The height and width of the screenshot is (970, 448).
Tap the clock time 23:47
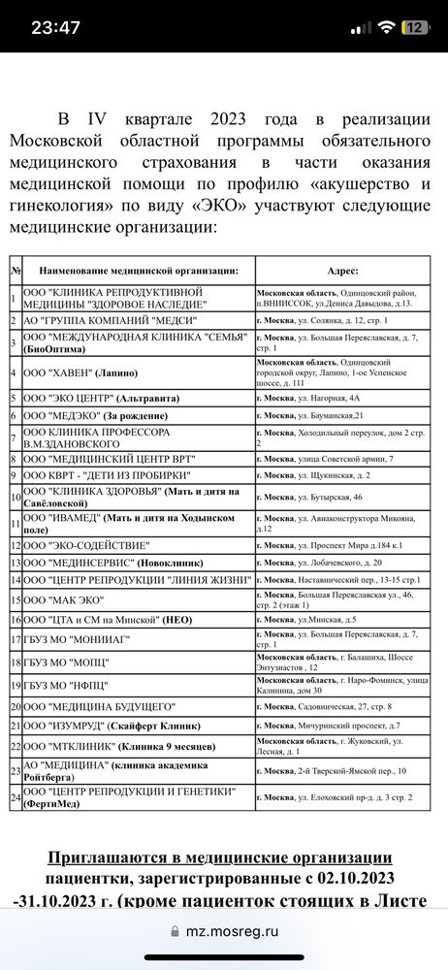[55, 28]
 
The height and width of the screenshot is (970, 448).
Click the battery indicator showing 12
[414, 28]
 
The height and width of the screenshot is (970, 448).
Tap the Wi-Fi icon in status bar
[385, 28]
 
